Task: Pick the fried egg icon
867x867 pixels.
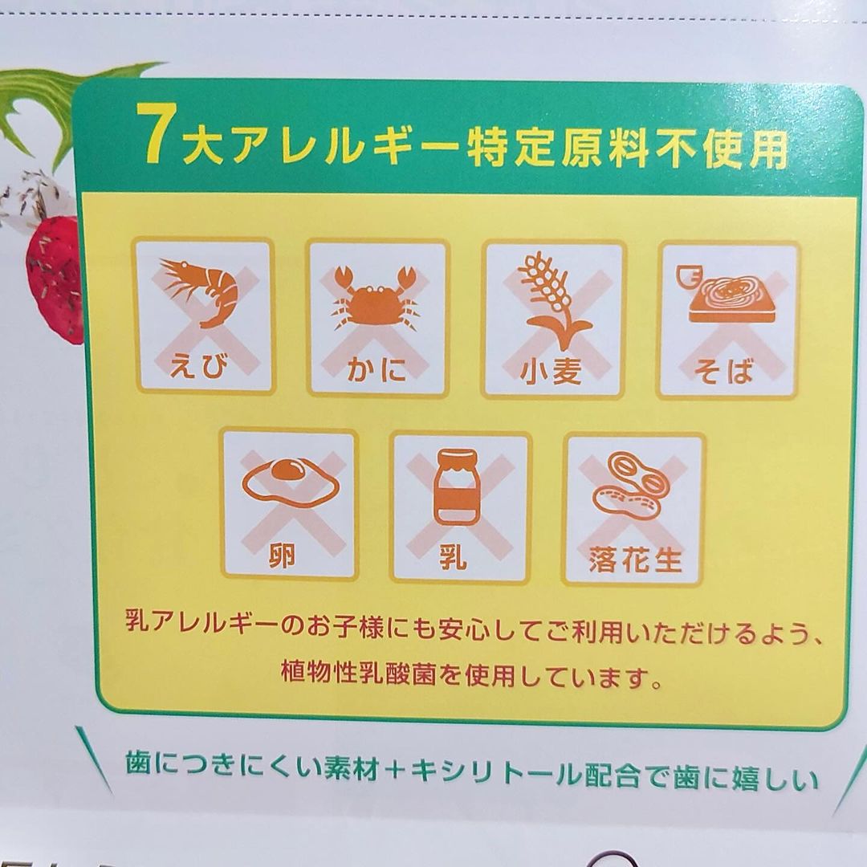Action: coord(291,482)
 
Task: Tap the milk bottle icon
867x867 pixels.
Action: coord(457,486)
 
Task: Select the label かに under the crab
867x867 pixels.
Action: coord(377,369)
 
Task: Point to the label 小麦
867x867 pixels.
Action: coord(551,370)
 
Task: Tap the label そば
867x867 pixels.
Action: coord(724,370)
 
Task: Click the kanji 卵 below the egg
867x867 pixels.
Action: coord(283,556)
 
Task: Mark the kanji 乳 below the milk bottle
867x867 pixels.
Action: coord(454,557)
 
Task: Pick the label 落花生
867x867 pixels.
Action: coord(635,560)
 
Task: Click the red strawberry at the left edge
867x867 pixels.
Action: coord(55,279)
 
